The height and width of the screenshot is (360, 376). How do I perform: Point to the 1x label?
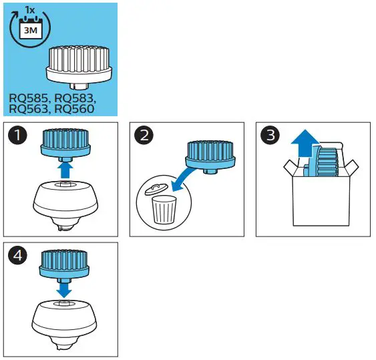[x=30, y=11]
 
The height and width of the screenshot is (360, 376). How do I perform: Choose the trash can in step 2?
[x=161, y=208]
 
